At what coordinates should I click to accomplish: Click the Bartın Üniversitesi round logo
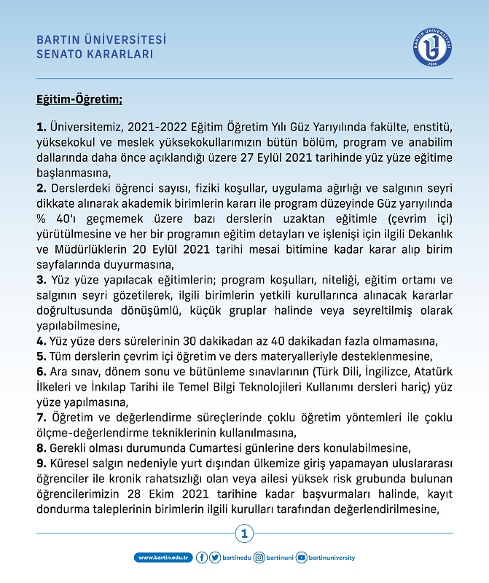[433, 46]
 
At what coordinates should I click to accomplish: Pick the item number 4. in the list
[41, 343]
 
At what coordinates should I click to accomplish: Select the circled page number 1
[244, 535]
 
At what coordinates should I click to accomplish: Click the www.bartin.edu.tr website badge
[163, 557]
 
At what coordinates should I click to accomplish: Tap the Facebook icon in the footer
[202, 557]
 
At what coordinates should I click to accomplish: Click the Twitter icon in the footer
[215, 557]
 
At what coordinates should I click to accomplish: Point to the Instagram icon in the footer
[260, 557]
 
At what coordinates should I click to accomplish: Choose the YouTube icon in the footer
[302, 557]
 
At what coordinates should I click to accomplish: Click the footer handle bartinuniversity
[332, 557]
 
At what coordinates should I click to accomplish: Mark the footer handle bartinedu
[237, 557]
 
